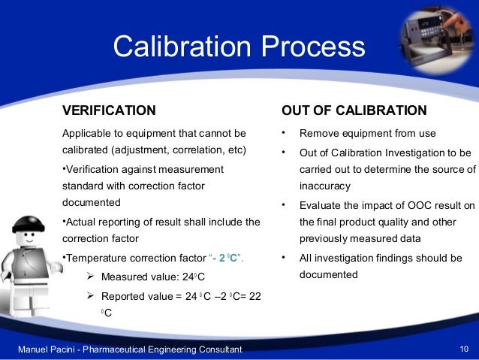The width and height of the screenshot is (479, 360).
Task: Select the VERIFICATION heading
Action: [x=109, y=110]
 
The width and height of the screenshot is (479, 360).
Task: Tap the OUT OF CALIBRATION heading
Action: [x=354, y=110]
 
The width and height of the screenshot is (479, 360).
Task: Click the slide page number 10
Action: [x=463, y=349]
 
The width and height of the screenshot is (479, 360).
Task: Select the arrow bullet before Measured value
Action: [x=89, y=276]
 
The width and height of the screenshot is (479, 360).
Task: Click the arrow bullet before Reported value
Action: [x=89, y=295]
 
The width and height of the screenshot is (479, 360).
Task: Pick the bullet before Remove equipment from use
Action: [x=284, y=133]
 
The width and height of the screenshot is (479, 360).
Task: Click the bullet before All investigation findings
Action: [x=284, y=258]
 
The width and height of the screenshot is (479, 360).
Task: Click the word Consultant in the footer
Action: [x=218, y=349]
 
